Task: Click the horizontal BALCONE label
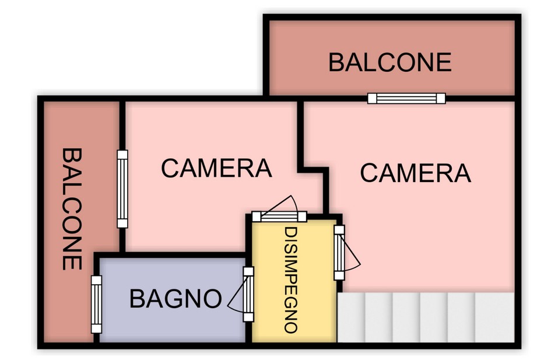coord(389,62)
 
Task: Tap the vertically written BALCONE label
coord(72,209)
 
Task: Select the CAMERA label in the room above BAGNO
coord(216,168)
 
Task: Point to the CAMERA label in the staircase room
coord(415,173)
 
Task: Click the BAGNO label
coord(176,299)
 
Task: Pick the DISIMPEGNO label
coord(290,280)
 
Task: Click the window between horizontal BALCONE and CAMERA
coord(406,99)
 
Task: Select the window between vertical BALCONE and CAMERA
coord(122,189)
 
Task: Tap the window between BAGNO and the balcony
coord(96,304)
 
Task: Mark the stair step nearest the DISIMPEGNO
coord(351,317)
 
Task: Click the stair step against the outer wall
coord(495,317)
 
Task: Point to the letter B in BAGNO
coord(136,299)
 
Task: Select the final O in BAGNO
coord(213,299)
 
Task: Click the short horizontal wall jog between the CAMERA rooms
coord(313,170)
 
